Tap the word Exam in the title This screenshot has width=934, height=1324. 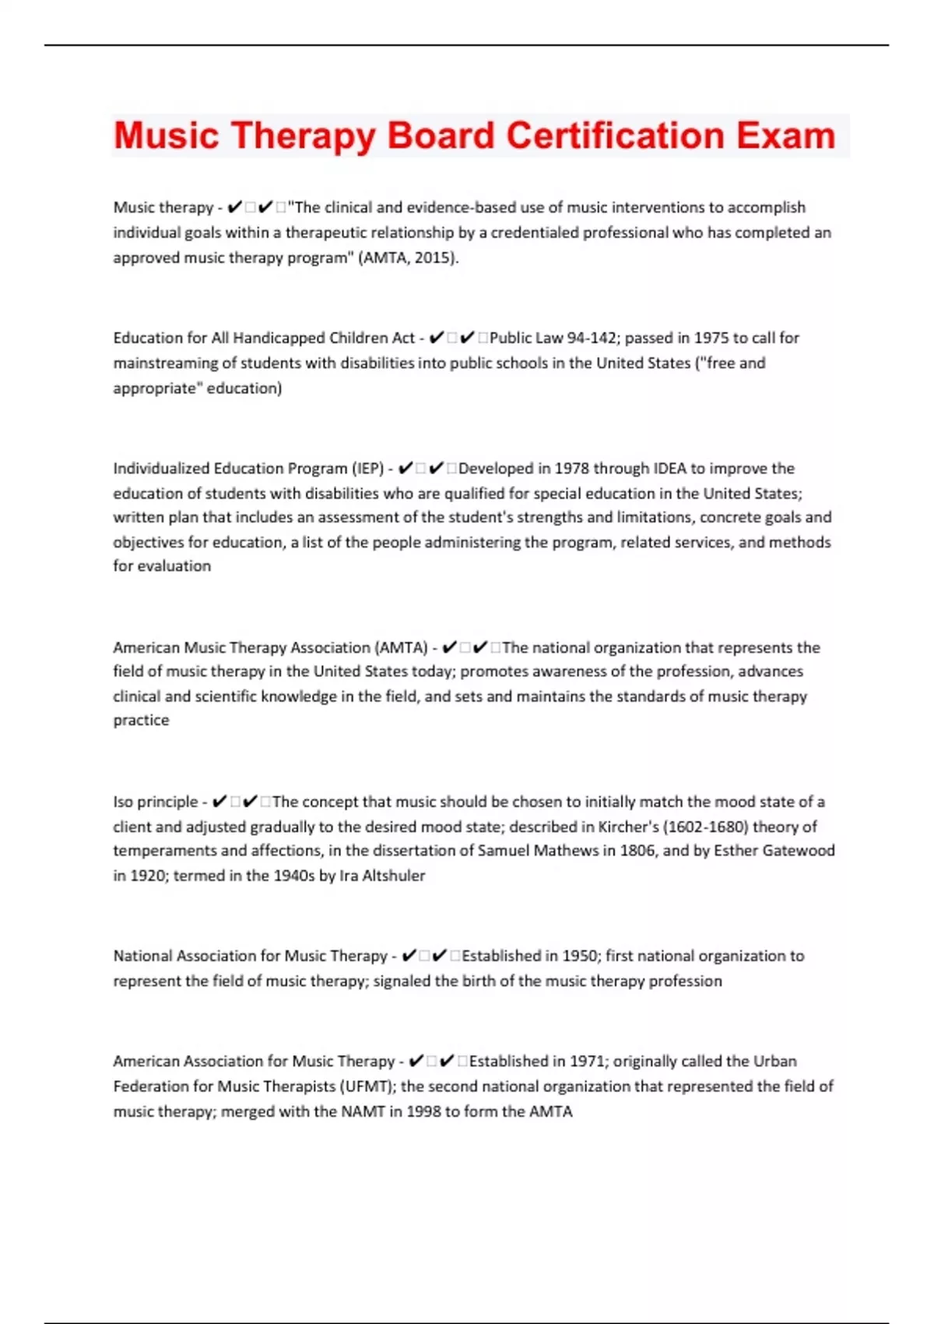tap(786, 136)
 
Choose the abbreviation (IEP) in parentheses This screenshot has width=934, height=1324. tap(368, 469)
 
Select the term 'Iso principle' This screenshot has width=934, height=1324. tap(156, 802)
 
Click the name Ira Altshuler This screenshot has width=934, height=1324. tap(382, 876)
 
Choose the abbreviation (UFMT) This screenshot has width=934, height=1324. tap(367, 1086)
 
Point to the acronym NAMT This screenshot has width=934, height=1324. tap(363, 1112)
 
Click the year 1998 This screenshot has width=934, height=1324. tap(421, 1112)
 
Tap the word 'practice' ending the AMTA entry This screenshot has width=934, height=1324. tap(141, 720)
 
